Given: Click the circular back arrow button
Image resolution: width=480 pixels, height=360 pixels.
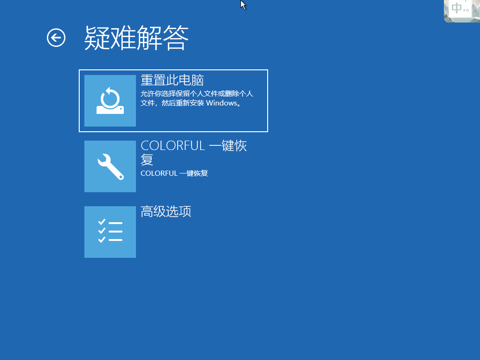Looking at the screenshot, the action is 56,38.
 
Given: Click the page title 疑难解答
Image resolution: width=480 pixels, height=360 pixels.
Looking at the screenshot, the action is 136,38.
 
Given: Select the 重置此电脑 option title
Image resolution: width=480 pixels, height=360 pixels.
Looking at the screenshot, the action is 172,80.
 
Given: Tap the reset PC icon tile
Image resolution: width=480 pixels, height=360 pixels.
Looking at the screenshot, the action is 110,101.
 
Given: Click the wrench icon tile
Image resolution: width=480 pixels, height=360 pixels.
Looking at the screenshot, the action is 110,166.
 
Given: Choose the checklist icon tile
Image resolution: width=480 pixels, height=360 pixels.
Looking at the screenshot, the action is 110,232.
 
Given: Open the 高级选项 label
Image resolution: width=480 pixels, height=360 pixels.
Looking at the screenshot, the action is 166,211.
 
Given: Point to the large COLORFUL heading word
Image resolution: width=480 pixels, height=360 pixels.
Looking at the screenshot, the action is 172,146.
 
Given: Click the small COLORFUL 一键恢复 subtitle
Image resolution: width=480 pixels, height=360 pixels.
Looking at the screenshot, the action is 174,173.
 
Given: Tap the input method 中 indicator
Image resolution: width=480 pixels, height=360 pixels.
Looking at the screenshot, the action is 457,8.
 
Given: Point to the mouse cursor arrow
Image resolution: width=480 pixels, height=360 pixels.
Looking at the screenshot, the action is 243,5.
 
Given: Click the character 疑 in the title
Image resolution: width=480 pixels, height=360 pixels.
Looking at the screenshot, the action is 97,38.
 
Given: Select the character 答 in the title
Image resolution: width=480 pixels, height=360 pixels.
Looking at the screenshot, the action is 176,38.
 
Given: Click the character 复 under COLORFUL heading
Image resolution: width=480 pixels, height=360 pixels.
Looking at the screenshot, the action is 147,159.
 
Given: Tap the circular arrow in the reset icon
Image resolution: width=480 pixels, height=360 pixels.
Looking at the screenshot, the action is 110,97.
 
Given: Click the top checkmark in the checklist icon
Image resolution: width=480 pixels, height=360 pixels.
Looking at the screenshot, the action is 102,222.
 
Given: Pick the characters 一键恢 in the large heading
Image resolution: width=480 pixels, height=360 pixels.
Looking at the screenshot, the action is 228,146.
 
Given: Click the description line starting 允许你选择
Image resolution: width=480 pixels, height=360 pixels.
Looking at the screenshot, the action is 197,94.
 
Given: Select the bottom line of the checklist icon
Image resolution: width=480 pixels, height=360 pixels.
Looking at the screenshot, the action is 115,240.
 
